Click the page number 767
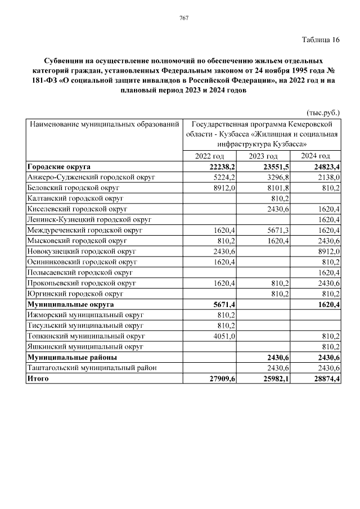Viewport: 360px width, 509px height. click(x=183, y=18)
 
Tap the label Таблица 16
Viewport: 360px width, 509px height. click(x=321, y=39)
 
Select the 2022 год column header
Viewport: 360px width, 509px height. click(x=209, y=156)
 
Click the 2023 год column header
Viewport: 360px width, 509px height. click(x=263, y=156)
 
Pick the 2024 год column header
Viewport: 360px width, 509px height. click(x=315, y=156)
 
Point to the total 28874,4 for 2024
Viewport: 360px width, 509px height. click(x=327, y=379)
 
